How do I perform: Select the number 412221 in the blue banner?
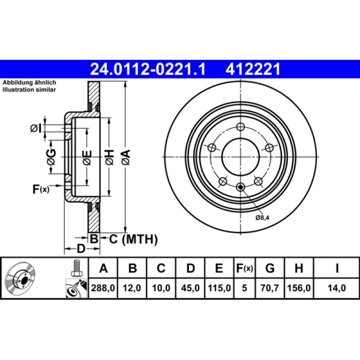pos(253,69)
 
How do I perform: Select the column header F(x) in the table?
pos(245,269)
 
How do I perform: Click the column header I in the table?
pos(336,269)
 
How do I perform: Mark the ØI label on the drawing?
pos(36,129)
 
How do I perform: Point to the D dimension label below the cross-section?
pos(81,248)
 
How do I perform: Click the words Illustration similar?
pos(29,90)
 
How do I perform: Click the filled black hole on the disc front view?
pos(240,187)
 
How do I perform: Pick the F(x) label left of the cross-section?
pos(40,189)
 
